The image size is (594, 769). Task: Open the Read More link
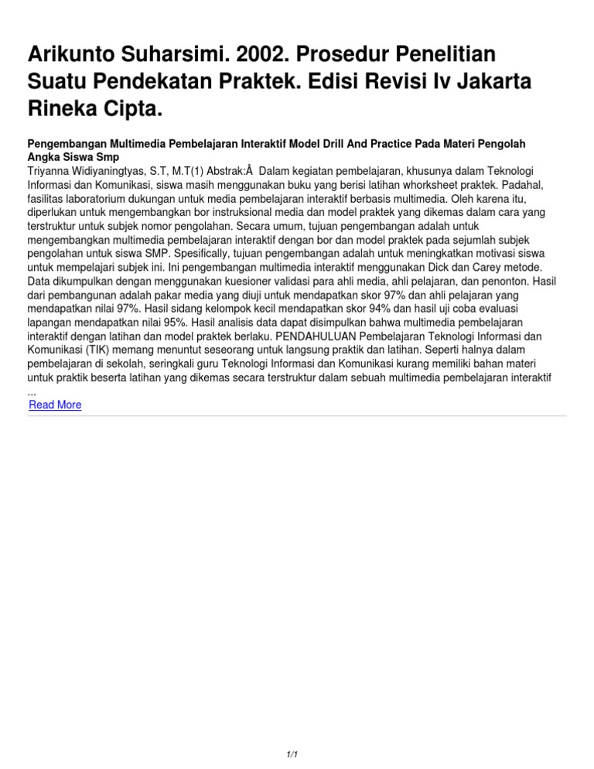(x=55, y=405)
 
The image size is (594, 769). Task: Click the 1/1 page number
(x=292, y=754)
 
